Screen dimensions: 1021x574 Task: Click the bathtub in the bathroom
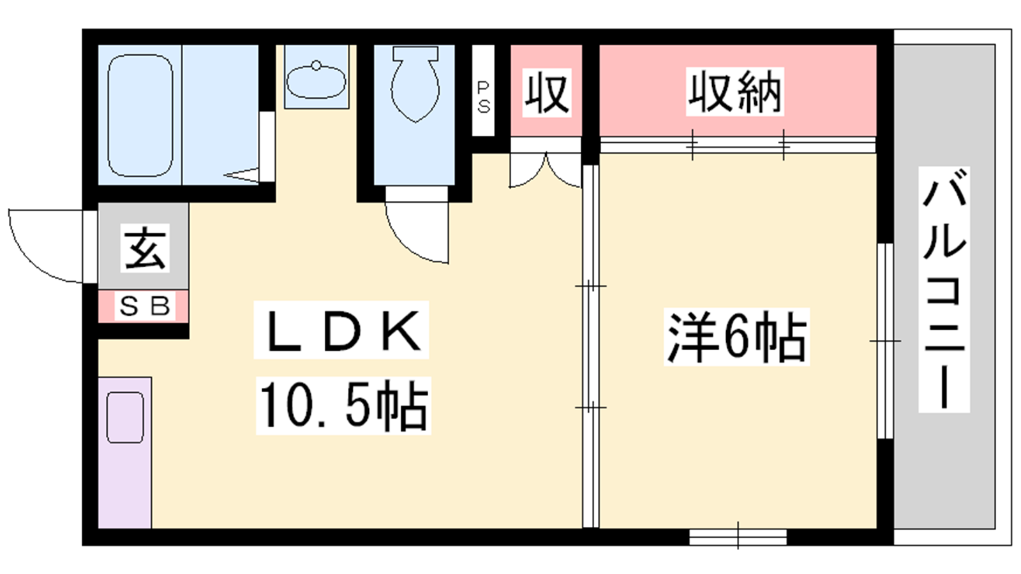pos(140,115)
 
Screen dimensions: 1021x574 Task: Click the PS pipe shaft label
pos(483,97)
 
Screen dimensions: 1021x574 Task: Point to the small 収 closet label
pos(546,93)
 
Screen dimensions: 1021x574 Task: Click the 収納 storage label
pos(734,92)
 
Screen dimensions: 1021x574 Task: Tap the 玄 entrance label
pos(145,248)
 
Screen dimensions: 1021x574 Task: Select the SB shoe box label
pos(144,305)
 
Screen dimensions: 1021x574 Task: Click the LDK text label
pos(341,330)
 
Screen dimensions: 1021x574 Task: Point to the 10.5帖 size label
pos(344,406)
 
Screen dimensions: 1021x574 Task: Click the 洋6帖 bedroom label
pos(736,337)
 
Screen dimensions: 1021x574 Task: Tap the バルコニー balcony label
pos(944,290)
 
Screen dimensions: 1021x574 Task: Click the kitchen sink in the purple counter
pos(125,418)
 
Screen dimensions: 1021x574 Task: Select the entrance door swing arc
pos(46,255)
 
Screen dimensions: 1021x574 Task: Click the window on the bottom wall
pos(738,536)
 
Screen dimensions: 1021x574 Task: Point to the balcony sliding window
pos(885,341)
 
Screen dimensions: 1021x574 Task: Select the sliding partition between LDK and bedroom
pos(591,346)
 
